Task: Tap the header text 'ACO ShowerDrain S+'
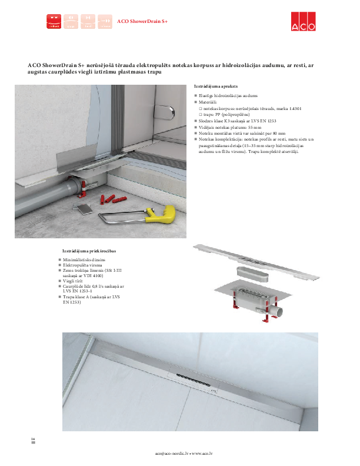(142, 21)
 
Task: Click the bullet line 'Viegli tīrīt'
(74, 282)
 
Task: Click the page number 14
(33, 440)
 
